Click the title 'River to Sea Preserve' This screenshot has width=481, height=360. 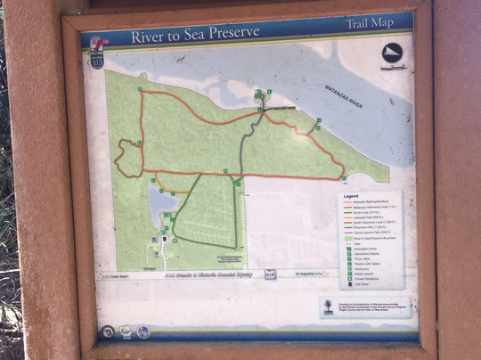[x=195, y=35]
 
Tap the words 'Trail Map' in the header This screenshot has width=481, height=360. [x=368, y=26]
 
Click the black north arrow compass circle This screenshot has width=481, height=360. [x=393, y=53]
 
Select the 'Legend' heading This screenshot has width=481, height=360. [x=350, y=197]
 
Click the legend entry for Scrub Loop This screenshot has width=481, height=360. [x=359, y=212]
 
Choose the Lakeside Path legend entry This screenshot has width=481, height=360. [x=360, y=217]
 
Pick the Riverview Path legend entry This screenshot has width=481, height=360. [x=360, y=228]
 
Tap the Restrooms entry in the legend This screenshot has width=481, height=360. [x=358, y=270]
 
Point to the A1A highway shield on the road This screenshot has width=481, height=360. [x=269, y=275]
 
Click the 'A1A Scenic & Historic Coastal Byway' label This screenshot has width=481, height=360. [x=195, y=275]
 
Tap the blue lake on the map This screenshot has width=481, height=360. [x=161, y=207]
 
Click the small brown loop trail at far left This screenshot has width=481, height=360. [x=127, y=159]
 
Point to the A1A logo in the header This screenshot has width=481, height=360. [x=98, y=59]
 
